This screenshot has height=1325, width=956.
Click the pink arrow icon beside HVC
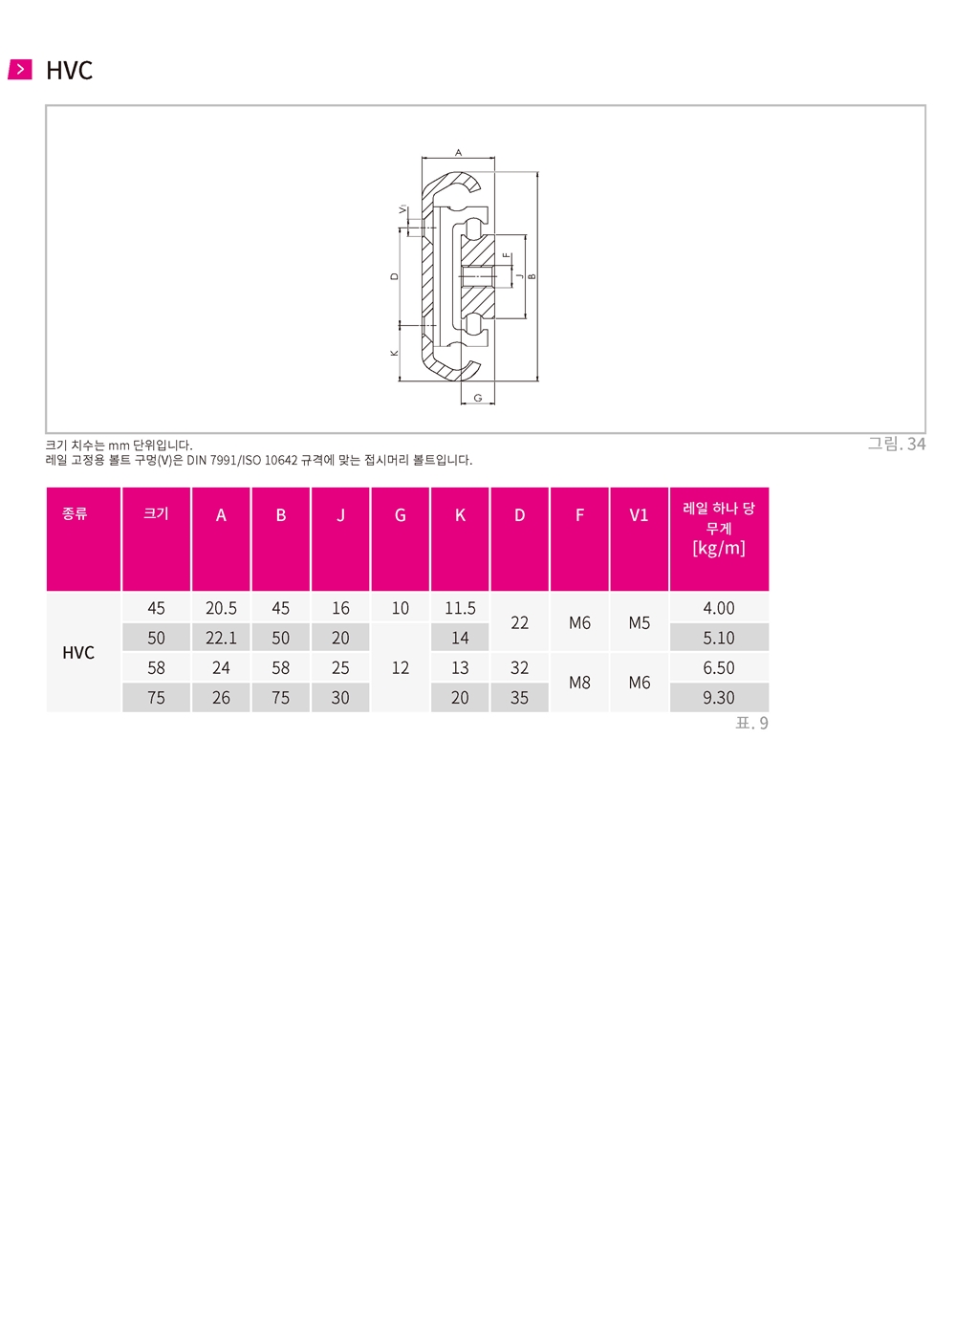pos(19,69)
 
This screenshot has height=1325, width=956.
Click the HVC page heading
pos(69,71)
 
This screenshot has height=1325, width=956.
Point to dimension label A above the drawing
pos(458,153)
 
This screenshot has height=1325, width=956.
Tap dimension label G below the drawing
pos(477,398)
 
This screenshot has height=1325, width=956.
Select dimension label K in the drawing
pos(395,353)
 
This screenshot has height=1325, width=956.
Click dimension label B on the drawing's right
pos(532,276)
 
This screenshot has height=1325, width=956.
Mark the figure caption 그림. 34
pos(897,444)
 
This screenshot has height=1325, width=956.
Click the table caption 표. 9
pos(751,723)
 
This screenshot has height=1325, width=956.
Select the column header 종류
pos(75,513)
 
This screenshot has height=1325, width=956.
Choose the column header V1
pos(639,515)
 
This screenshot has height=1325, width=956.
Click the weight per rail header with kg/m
pos(719,529)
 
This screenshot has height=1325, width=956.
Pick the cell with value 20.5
pos(221,608)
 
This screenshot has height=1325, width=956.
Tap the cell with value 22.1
pos(221,638)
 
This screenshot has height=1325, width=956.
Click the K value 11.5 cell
pos(460,608)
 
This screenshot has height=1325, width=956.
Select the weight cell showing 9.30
pos(719,698)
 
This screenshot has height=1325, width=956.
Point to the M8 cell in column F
pos(579,683)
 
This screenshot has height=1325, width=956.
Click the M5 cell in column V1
pos(640,623)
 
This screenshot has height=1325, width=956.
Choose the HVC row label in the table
pos(78,652)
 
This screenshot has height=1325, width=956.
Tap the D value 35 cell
pos(519,698)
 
